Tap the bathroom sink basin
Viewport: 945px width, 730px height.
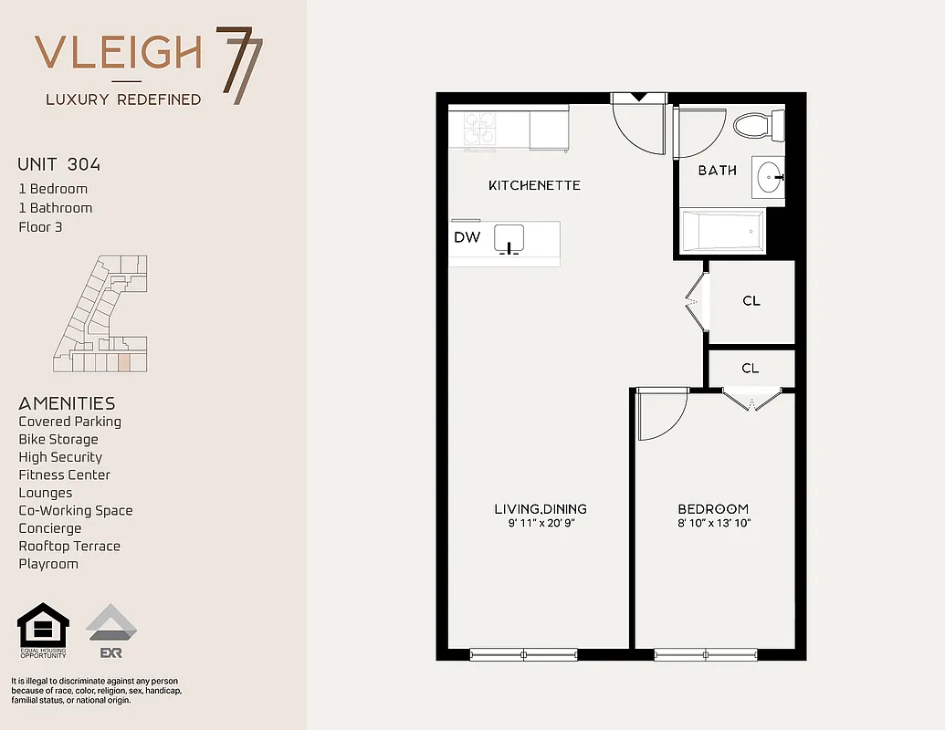[770, 175]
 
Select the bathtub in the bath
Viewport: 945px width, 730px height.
[722, 231]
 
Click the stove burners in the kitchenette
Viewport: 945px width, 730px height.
[479, 129]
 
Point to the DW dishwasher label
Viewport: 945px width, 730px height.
[467, 237]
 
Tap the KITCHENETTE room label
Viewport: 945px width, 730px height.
[534, 185]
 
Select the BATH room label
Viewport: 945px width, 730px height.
[717, 171]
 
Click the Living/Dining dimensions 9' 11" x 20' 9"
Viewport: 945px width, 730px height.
[541, 524]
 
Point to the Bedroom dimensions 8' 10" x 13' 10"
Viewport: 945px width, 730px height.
[713, 524]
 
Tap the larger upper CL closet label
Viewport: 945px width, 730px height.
[751, 301]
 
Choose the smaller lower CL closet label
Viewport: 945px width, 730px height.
[750, 369]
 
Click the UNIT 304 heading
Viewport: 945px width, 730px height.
[59, 165]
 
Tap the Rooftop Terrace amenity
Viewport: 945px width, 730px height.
[69, 547]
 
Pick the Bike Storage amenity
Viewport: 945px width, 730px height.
[58, 440]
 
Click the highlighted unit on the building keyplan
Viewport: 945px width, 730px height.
[123, 362]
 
